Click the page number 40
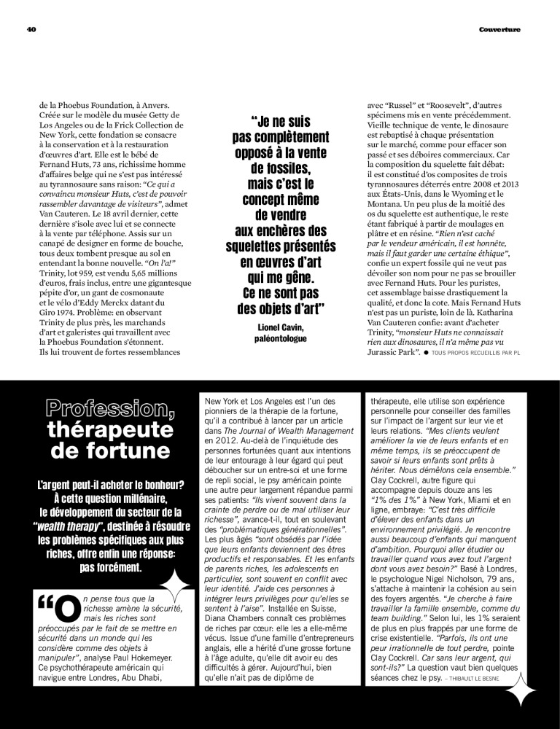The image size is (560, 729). pyautogui.click(x=31, y=29)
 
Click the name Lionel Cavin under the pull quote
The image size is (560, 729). pyautogui.click(x=279, y=327)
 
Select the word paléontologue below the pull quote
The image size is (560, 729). pyautogui.click(x=279, y=339)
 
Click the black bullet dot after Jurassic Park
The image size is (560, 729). pyautogui.click(x=424, y=353)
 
